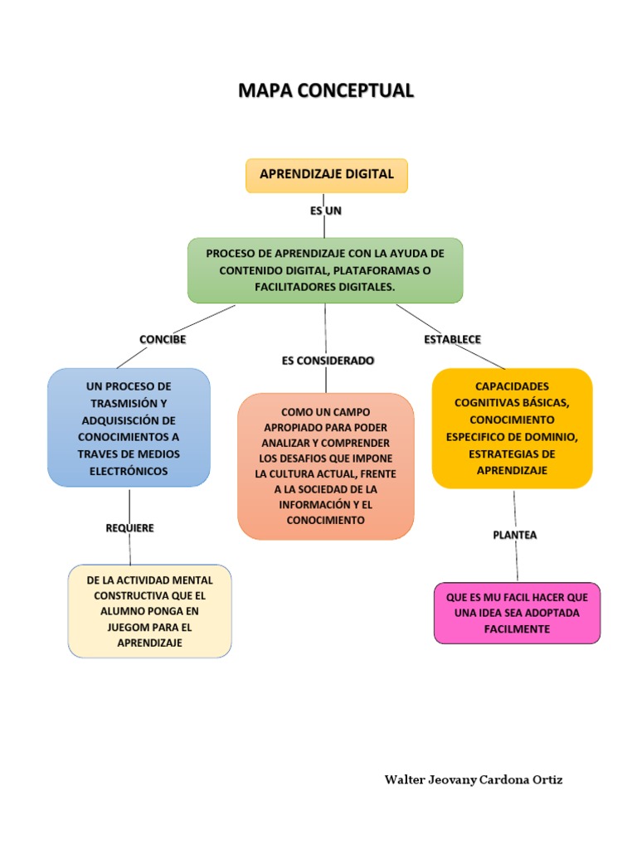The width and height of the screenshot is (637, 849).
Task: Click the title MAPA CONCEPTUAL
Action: coord(325,90)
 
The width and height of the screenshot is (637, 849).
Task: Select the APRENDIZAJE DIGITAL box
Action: coord(326,175)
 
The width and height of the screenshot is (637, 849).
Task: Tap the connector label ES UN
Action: coord(326,211)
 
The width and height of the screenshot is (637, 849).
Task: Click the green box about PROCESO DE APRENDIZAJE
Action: coord(325,269)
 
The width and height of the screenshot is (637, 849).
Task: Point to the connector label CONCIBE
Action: coord(163,340)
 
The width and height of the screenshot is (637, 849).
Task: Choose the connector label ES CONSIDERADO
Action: coord(328,361)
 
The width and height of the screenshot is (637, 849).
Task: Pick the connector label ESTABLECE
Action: coord(452,339)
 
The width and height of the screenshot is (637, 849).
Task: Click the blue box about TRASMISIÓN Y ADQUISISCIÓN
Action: coord(129,428)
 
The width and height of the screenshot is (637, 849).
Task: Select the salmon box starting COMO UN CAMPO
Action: coord(325,466)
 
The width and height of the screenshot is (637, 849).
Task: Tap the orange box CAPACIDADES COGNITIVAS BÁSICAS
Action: coord(512,428)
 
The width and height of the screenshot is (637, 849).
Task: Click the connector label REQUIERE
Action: coord(130,528)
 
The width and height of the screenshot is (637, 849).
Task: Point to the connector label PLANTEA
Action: coord(515,535)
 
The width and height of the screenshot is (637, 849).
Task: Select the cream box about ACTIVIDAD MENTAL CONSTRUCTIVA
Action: coord(149,611)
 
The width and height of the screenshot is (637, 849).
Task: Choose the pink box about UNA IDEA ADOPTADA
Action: coord(517,613)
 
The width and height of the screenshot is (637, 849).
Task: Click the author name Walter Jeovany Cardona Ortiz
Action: coord(474,780)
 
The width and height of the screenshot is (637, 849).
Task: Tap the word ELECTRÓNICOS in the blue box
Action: coord(129,471)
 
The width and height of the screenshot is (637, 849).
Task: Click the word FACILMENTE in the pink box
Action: coord(517,629)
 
